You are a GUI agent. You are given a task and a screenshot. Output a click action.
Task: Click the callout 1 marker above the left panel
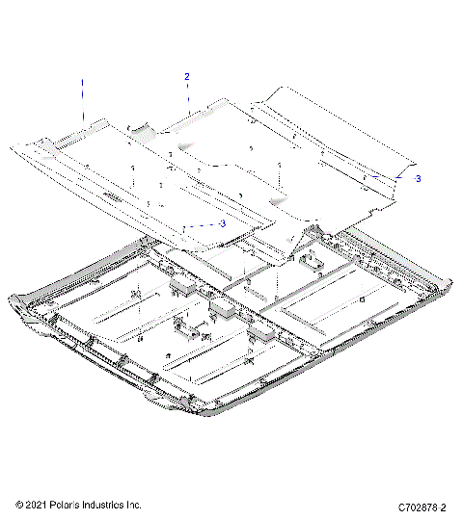[x=82, y=96]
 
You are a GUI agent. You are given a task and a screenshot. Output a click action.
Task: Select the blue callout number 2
[x=187, y=76]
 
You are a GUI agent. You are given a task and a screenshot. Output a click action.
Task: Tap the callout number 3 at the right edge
[x=418, y=178]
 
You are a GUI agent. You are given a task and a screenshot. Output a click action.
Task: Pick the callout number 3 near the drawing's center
[x=223, y=222]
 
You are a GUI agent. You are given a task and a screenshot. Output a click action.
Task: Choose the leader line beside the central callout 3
[x=207, y=223]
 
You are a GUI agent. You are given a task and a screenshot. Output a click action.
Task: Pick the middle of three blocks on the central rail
[x=223, y=308]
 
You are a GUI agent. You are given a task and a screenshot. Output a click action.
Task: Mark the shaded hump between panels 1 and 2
[x=141, y=128]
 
